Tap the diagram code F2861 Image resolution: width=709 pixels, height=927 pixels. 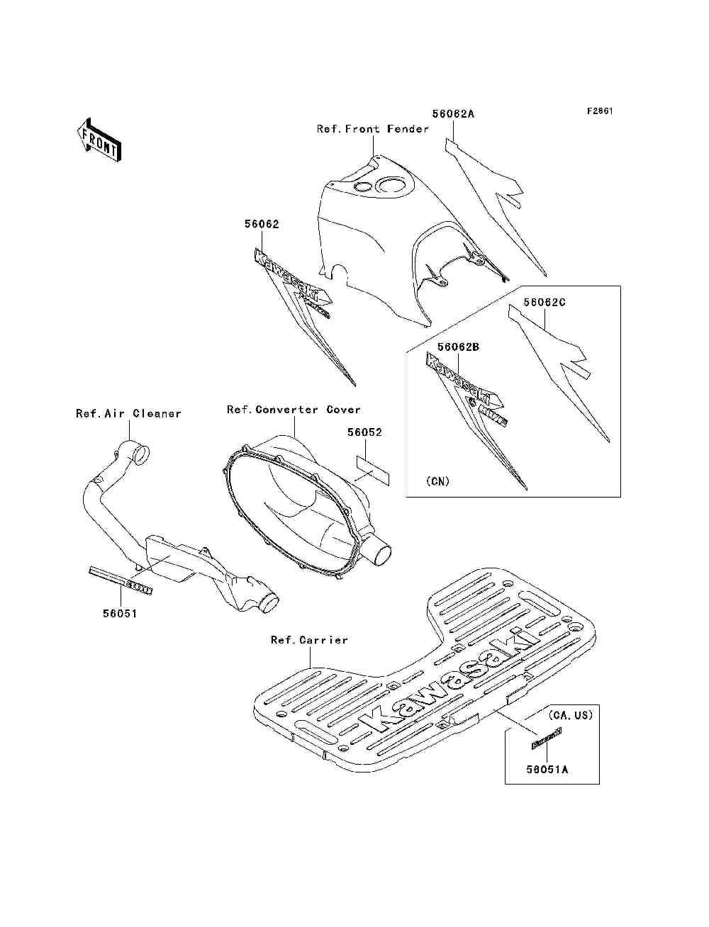(599, 111)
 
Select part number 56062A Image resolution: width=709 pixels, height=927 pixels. (453, 113)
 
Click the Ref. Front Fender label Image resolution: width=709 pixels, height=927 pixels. (373, 129)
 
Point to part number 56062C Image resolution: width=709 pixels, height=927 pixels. (545, 302)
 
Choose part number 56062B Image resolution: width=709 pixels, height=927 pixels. (458, 347)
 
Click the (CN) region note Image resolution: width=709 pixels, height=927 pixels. (438, 481)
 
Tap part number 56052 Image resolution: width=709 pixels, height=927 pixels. (364, 432)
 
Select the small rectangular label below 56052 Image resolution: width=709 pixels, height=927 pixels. (372, 471)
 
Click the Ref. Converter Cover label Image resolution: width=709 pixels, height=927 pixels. (294, 410)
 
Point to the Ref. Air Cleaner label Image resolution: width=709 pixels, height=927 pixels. (128, 413)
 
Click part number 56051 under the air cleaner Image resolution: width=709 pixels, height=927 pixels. (119, 614)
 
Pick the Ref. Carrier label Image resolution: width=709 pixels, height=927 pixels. (309, 640)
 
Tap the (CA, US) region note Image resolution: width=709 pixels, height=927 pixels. (570, 715)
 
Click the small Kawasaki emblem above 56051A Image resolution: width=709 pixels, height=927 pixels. (547, 738)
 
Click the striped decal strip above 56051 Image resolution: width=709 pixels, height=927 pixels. (121, 579)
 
